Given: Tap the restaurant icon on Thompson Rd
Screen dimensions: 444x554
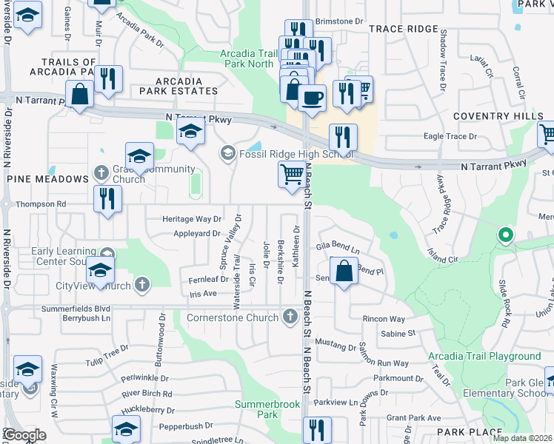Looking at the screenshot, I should pyautogui.click(x=108, y=199).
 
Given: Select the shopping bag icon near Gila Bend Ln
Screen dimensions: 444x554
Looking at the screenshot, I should pyautogui.click(x=344, y=271).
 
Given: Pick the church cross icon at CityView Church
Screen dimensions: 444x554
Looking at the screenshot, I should pyautogui.click(x=141, y=285).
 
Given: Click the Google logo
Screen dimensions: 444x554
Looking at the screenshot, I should pyautogui.click(x=24, y=435).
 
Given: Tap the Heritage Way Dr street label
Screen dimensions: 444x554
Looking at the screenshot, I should pyautogui.click(x=192, y=219).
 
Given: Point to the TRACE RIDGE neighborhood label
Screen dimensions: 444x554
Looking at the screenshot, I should pyautogui.click(x=403, y=29).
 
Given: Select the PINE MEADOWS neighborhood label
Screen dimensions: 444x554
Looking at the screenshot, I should pyautogui.click(x=47, y=179).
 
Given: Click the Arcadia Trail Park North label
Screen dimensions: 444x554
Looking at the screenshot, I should pyautogui.click(x=249, y=58).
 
